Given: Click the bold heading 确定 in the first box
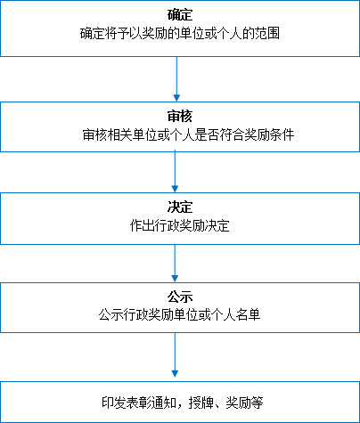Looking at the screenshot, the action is [180, 15].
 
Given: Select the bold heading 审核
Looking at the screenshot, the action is [180, 116].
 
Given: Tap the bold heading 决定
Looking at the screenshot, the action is [180, 207].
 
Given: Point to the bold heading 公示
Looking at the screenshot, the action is [180, 297].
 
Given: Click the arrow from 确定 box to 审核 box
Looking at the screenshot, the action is [176, 79].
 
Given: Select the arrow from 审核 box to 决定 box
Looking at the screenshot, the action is [175, 172].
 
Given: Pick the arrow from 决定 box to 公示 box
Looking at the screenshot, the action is [175, 264].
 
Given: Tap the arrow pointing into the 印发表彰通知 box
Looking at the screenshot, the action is [175, 355].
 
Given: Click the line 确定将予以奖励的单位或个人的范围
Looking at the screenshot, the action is [180, 33].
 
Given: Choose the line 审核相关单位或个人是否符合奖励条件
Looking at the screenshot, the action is [188, 134].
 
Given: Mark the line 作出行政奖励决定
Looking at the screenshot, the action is [180, 226].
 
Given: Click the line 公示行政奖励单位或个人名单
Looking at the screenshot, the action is [180, 314].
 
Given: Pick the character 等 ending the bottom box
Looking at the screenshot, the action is [257, 403].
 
